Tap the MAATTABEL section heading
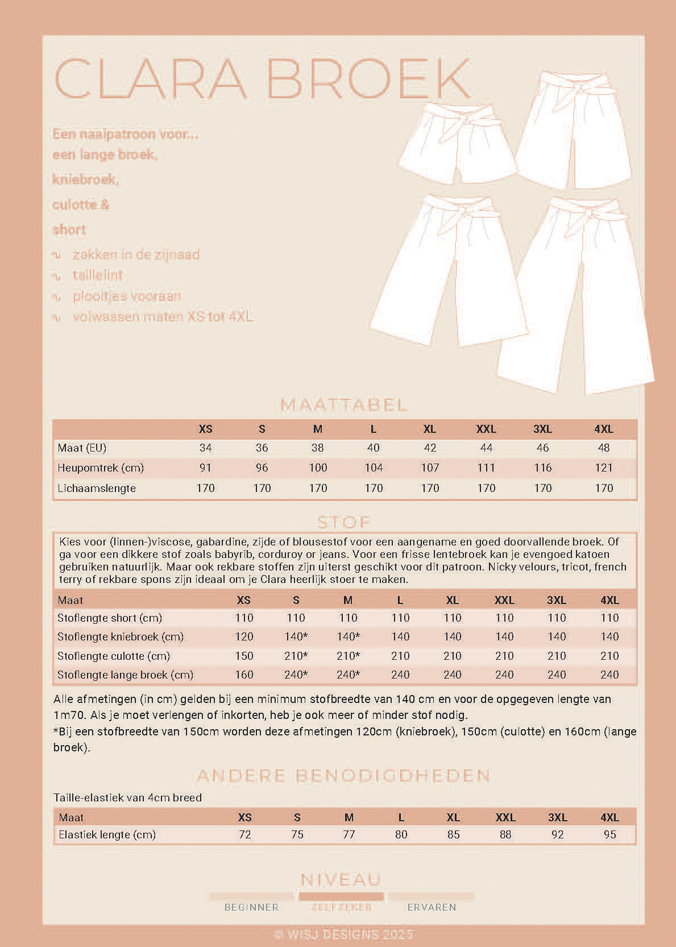[x=344, y=405]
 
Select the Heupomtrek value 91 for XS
[x=205, y=468]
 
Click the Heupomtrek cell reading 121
[x=603, y=468]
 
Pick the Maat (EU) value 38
[x=317, y=448]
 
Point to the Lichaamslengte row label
[x=97, y=488]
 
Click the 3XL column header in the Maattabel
[x=542, y=429]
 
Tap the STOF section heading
[x=344, y=522]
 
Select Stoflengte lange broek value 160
[x=244, y=675]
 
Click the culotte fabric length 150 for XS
[x=244, y=656]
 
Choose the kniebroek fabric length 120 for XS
[x=244, y=636]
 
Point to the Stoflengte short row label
[x=110, y=618]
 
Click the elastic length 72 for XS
[x=244, y=834]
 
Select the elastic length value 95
[x=609, y=834]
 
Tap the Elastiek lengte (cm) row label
[x=107, y=834]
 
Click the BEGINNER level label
[x=251, y=907]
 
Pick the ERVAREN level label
[x=432, y=907]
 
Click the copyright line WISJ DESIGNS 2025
[x=343, y=934]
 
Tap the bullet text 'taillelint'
[x=98, y=275]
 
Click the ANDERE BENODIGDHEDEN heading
[x=343, y=775]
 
